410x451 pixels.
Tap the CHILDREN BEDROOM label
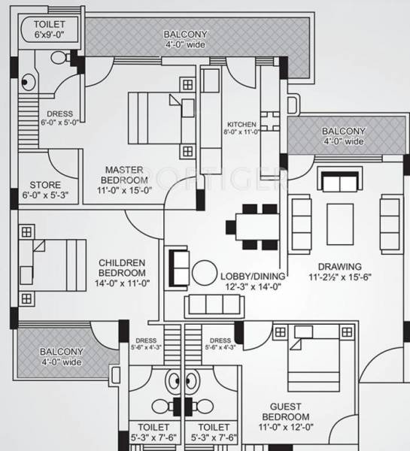[x=121, y=267]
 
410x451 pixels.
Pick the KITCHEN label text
[x=241, y=124]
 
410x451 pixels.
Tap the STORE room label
[x=45, y=185]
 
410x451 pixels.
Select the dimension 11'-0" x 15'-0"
[x=124, y=190]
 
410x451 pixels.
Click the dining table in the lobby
[x=248, y=223]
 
